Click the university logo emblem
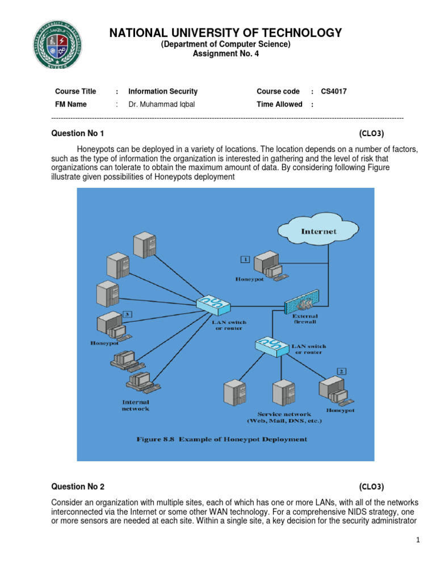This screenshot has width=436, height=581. [57, 45]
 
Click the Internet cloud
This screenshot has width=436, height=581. [318, 230]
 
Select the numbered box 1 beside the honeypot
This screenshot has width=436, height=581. [245, 259]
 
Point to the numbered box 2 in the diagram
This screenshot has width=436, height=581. [341, 371]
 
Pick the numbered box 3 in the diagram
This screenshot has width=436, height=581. [127, 314]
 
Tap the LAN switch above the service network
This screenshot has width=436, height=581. [272, 347]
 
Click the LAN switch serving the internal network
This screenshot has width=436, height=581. [213, 305]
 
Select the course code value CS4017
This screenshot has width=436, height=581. [334, 91]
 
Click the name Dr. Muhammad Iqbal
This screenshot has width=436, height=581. [161, 104]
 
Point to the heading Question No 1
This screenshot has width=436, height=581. [77, 133]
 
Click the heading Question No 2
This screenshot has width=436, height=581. [78, 486]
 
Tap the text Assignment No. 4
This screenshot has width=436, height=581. [226, 54]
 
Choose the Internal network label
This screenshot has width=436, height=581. [136, 405]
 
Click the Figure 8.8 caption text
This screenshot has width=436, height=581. [222, 440]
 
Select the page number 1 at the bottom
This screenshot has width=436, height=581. [418, 540]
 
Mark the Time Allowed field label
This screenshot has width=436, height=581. [279, 104]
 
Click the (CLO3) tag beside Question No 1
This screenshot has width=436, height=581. [371, 133]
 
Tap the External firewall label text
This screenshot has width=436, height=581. [305, 319]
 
